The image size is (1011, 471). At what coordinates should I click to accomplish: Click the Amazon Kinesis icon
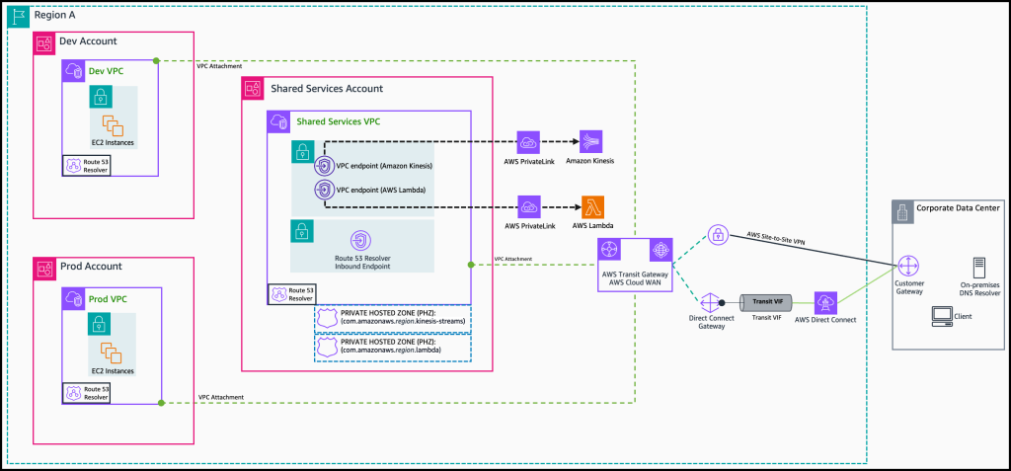coord(592,141)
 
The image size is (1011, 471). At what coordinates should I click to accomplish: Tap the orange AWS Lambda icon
coord(592,206)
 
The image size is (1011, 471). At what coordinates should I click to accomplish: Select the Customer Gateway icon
coord(908,266)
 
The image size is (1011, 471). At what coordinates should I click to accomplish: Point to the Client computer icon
coord(942,316)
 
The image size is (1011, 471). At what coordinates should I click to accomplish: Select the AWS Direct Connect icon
coord(823,301)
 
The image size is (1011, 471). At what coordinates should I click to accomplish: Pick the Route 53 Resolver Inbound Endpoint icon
coord(361,240)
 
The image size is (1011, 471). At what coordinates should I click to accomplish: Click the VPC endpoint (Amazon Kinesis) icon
coord(323,165)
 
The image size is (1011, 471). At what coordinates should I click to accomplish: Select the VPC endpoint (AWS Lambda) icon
coord(323,190)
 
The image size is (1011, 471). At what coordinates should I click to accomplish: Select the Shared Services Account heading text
coord(327,89)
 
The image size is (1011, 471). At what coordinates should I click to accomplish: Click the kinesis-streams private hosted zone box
coord(392,318)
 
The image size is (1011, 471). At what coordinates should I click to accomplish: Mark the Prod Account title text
coord(92,267)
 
